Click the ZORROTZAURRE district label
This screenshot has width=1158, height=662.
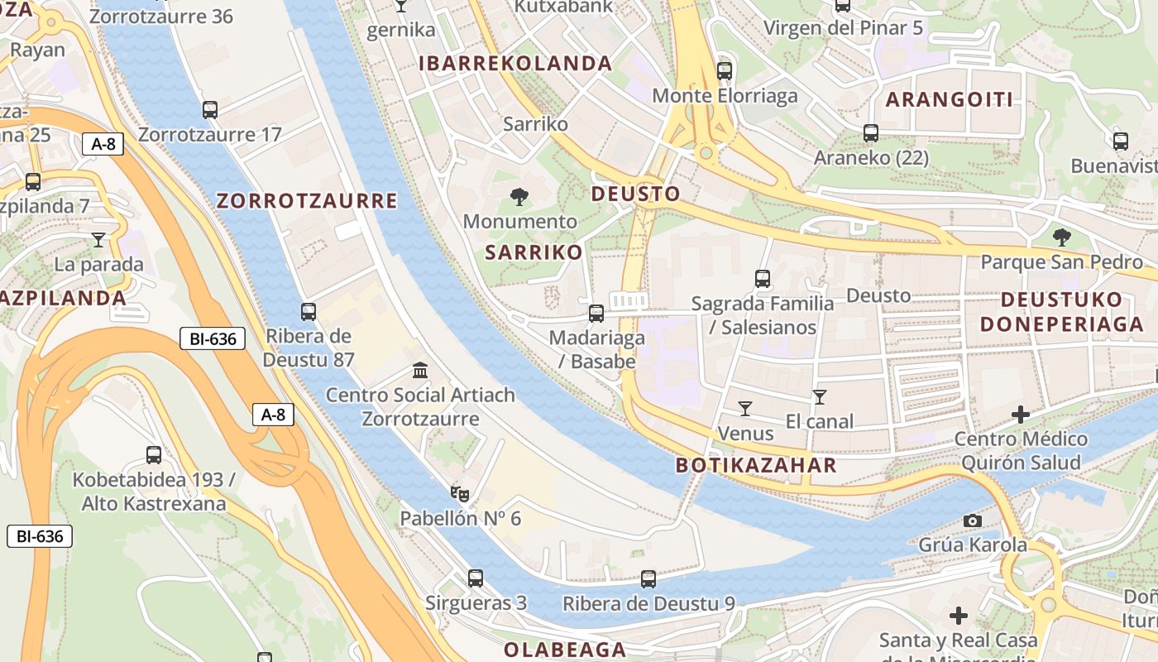point(307,201)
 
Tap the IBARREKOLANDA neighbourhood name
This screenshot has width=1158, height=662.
point(515,64)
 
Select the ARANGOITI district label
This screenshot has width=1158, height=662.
point(950,100)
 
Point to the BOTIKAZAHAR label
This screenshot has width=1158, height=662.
point(756,465)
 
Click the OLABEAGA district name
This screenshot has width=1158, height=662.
point(565,650)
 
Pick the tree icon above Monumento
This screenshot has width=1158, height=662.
point(519,197)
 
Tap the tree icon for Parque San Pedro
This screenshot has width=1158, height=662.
point(1061,238)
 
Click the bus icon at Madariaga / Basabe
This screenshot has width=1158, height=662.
point(596,314)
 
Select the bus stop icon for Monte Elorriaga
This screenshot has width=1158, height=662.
point(725,71)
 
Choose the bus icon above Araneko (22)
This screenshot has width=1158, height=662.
point(870,133)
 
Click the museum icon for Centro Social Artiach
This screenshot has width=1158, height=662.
point(419,370)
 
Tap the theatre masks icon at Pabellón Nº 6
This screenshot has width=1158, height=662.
point(461,494)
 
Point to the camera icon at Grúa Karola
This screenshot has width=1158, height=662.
point(973,520)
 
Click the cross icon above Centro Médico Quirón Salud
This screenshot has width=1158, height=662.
point(1021,415)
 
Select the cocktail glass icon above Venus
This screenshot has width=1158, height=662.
point(745,408)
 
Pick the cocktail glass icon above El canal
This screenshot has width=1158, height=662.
point(819,397)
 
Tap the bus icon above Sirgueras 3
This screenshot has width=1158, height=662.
point(476,578)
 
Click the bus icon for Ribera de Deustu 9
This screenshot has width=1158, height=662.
point(648,579)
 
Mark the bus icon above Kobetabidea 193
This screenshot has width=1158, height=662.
point(154,454)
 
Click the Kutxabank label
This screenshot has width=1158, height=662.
point(563,7)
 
